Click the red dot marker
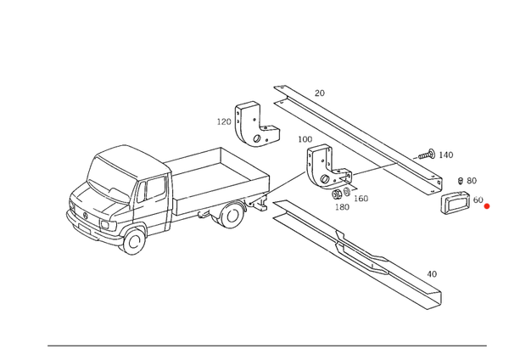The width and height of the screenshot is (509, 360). point(486,206)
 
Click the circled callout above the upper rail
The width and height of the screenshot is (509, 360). point(320,91)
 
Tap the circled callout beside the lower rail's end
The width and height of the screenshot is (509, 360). point(434,273)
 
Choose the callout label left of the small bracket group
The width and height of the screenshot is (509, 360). point(222,121)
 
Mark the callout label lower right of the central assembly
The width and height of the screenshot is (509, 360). point(361,198)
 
